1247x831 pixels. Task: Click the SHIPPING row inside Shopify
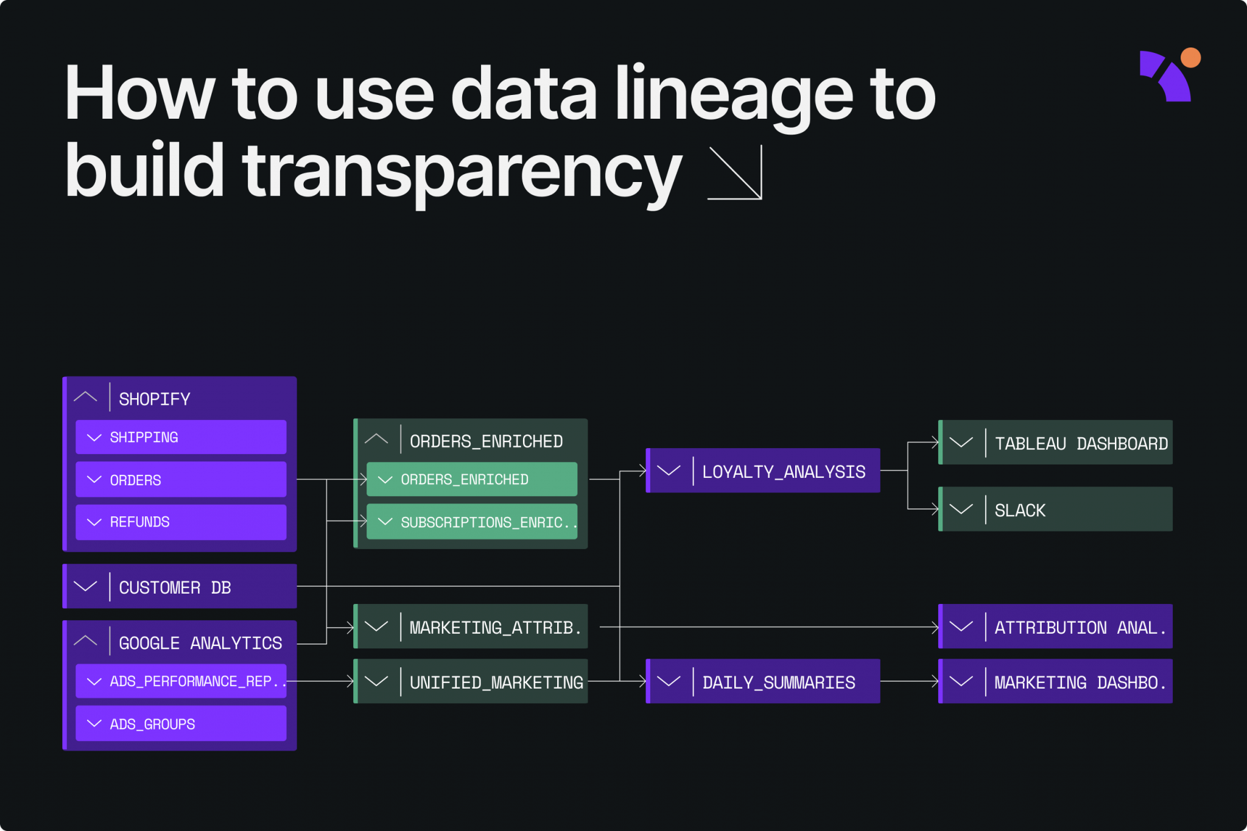coord(181,437)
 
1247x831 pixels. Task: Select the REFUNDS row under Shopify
coord(181,522)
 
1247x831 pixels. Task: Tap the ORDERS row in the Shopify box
coord(181,480)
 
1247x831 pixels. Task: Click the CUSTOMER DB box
coord(180,587)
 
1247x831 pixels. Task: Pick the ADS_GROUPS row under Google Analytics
coord(181,724)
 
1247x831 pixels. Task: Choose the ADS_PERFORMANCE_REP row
coord(181,681)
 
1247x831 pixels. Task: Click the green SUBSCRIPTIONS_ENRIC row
coord(472,522)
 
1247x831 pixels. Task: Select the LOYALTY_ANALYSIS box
coord(763,471)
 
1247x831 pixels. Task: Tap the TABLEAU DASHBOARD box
coord(1056,443)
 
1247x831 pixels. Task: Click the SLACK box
coord(1056,510)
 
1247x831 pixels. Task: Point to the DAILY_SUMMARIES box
coord(763,682)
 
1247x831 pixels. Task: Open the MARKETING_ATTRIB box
coord(471,627)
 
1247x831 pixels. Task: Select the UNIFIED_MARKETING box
coord(471,682)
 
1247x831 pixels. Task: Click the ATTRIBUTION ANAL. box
coord(1056,627)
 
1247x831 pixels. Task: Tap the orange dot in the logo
coord(1190,58)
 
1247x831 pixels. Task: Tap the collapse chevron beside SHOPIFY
coord(85,398)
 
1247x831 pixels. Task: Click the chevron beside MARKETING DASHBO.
coord(961,682)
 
